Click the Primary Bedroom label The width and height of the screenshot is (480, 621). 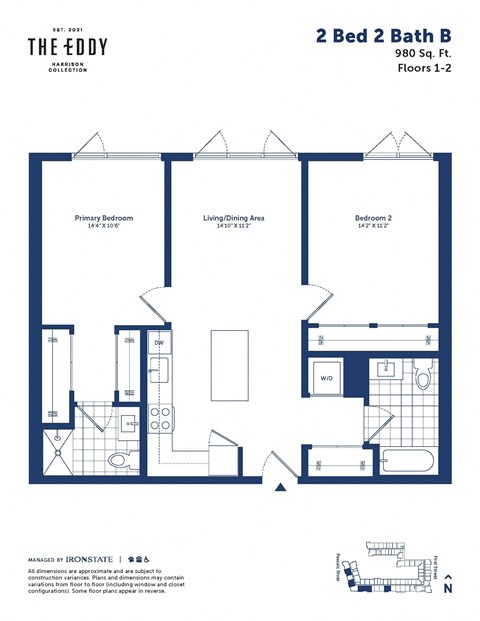pos(103,218)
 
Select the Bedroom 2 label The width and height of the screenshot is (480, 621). pos(372,218)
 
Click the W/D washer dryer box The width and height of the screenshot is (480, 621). pos(327,379)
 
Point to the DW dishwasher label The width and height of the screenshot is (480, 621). pos(158,344)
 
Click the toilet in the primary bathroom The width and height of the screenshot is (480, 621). pos(120,460)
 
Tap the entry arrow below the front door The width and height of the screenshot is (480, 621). pos(281,488)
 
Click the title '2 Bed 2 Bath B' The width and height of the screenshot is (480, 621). pos(383,37)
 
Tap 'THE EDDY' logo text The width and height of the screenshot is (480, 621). pos(67,47)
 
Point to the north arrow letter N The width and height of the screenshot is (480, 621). pos(447,590)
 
